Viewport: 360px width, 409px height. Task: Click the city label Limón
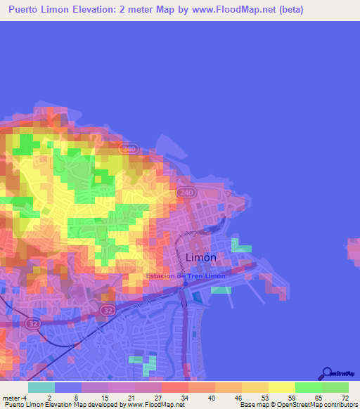pyautogui.click(x=205, y=258)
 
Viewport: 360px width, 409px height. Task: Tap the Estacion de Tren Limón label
pyautogui.click(x=186, y=276)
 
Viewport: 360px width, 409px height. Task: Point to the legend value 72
pyautogui.click(x=344, y=398)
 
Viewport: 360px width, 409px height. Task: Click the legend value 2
pyautogui.click(x=49, y=398)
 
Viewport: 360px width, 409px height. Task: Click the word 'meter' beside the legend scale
pyautogui.click(x=11, y=398)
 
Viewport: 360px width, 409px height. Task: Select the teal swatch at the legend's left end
pyautogui.click(x=41, y=387)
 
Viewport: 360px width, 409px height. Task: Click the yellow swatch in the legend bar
pyautogui.click(x=281, y=387)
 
